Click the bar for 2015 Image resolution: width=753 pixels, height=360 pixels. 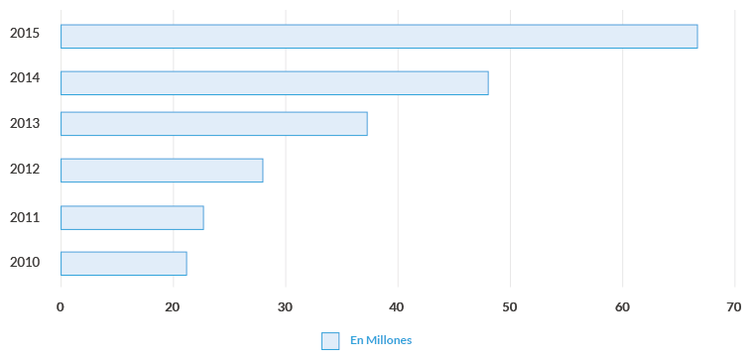pos(378,36)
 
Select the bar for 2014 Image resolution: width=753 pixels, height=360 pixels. pos(274,82)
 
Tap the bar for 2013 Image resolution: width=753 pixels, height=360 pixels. pos(213,123)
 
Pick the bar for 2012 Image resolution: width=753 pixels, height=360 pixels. pos(162,170)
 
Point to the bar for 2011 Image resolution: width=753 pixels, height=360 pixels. pos(132,217)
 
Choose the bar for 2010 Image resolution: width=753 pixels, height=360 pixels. pos(123,263)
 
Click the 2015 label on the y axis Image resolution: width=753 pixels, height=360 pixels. pos(24,33)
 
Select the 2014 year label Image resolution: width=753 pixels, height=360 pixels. pos(24,78)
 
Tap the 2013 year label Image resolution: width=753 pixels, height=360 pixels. pos(24,123)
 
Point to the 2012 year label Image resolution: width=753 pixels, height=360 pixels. pos(24,169)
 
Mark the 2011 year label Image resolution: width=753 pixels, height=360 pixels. pos(24,216)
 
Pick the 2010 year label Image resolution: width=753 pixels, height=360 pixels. pos(24,262)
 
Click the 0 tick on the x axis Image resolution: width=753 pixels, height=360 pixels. pos(61,307)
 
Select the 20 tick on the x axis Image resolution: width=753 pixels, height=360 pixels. pos(173,307)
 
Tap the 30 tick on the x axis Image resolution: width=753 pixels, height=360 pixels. pos(286,307)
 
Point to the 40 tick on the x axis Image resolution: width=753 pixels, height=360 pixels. pos(398,307)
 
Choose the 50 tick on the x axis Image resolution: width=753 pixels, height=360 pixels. pos(510,307)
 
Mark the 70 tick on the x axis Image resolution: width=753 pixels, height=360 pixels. pos(734,307)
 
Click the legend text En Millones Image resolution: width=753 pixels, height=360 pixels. pos(381,340)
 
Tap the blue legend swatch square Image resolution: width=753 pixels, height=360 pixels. pos(330,340)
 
